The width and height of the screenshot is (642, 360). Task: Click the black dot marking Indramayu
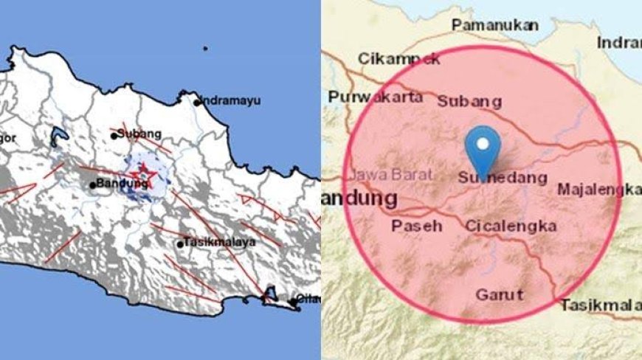click(197, 103)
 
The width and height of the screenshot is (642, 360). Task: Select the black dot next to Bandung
click(92, 184)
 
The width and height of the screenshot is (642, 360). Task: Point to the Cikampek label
click(398, 58)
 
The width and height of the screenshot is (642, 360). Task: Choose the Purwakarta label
click(376, 97)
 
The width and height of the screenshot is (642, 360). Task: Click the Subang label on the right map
click(469, 101)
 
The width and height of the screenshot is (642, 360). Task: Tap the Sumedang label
click(503, 178)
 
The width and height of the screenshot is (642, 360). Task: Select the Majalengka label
click(598, 190)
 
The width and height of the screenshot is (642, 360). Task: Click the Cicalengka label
click(510, 226)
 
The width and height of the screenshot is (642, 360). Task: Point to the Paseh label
click(417, 226)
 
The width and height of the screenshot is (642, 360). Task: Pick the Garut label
click(499, 295)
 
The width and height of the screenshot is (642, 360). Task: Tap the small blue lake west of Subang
click(56, 136)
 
